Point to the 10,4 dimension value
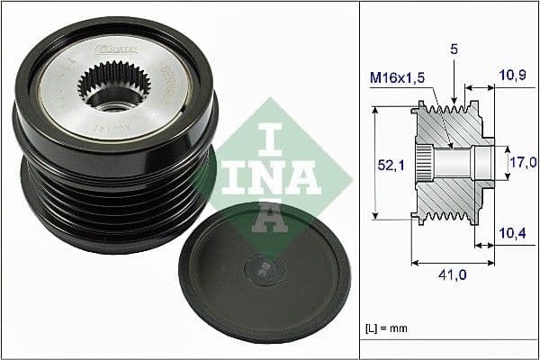tap(513, 234)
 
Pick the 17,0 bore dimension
tap(523, 163)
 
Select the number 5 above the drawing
tap(455, 53)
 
